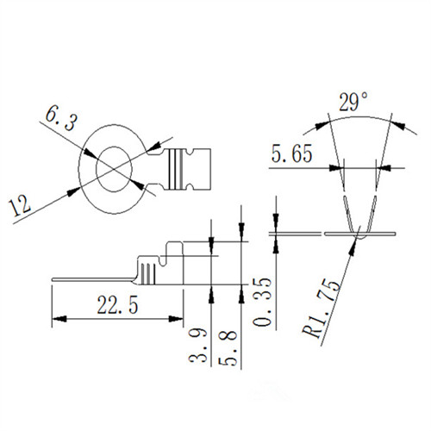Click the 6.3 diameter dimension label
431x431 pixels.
click(61, 118)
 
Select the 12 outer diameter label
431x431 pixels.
click(20, 205)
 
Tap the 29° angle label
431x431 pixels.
click(353, 102)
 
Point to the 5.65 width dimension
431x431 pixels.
click(291, 153)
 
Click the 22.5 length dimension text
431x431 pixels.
click(117, 304)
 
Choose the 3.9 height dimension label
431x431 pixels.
click(197, 345)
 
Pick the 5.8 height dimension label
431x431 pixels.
click(228, 348)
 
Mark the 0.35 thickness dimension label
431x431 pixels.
click(262, 302)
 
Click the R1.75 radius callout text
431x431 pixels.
click(322, 309)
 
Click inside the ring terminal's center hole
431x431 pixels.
click(114, 169)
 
